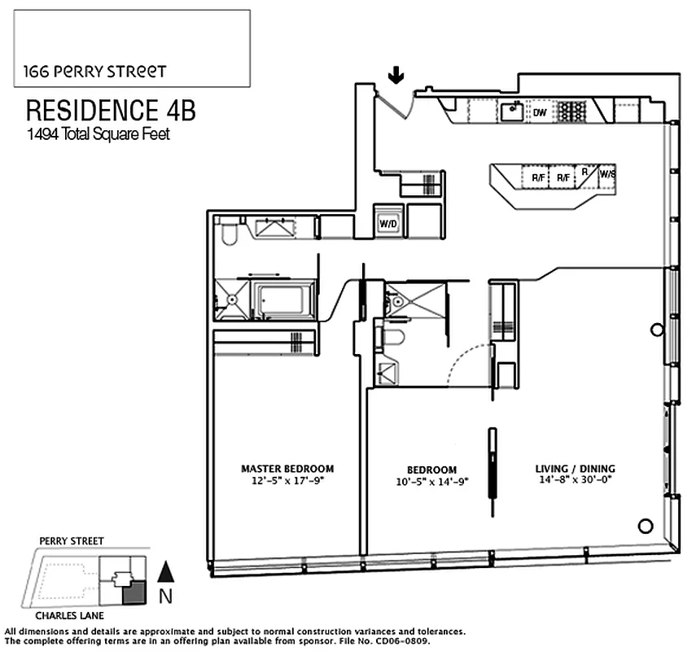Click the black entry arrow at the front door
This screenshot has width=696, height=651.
tap(396, 76)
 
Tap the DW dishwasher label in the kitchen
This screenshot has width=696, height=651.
tap(539, 112)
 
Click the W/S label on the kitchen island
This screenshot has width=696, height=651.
tap(607, 174)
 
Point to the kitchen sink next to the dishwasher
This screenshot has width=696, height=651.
tap(513, 111)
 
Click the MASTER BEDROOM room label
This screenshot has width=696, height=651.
tap(287, 469)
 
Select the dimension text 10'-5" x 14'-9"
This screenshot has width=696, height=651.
tap(431, 482)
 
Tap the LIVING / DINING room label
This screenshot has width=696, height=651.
tap(575, 469)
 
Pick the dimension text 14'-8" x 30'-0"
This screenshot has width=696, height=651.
tap(575, 480)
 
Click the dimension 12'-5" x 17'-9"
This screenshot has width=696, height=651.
tap(287, 480)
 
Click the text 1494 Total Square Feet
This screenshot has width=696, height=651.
tap(98, 134)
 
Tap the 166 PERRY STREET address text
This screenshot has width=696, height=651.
tap(90, 72)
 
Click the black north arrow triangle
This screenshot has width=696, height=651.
tap(165, 573)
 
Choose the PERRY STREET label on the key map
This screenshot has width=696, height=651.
tap(72, 541)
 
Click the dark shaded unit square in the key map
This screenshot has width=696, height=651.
tap(133, 592)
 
